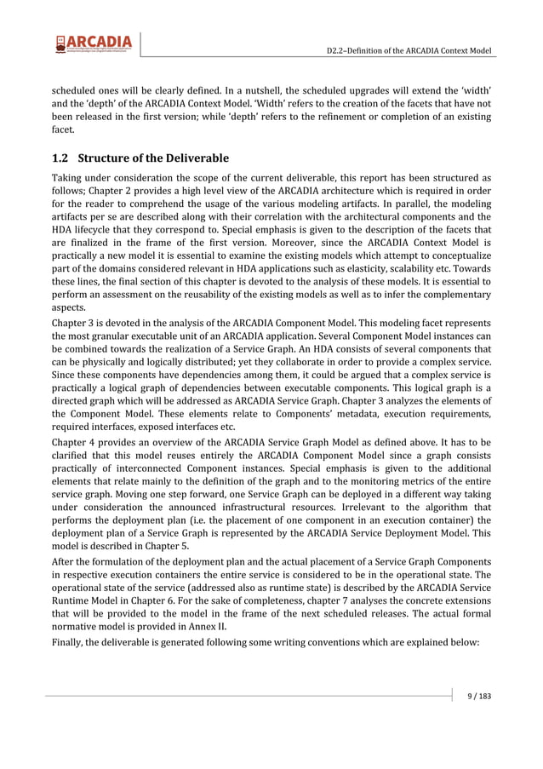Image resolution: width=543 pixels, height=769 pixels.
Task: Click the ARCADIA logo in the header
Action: [94, 44]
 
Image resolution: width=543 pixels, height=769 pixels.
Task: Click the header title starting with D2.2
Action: [409, 52]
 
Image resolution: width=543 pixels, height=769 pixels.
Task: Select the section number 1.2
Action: [60, 158]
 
